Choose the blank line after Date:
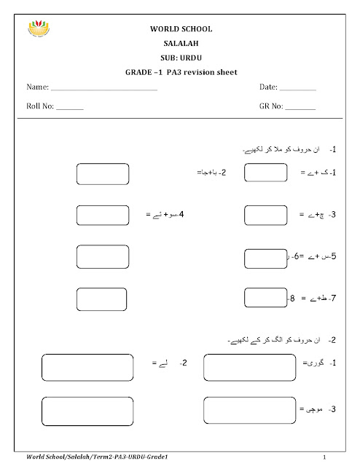point(298,89)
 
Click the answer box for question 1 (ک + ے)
point(266,173)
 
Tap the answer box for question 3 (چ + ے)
point(266,216)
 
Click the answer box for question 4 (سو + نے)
point(103,216)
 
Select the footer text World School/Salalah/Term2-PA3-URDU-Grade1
point(102,455)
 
